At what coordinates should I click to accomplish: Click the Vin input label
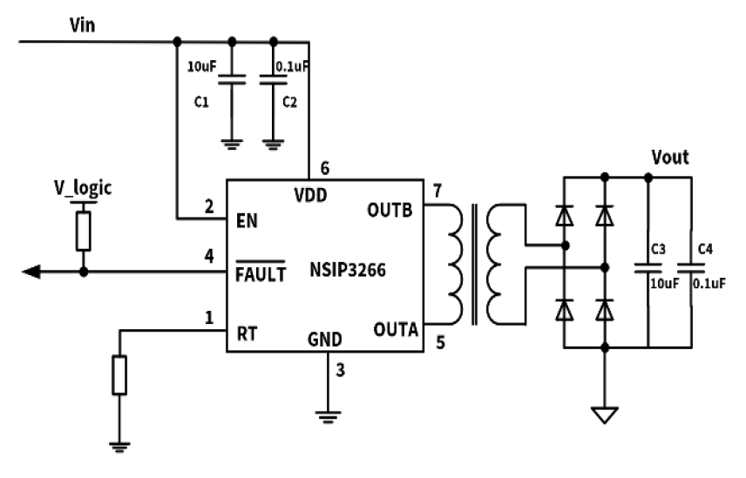(83, 24)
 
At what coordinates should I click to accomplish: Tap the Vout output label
(670, 158)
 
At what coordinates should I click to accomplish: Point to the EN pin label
(247, 219)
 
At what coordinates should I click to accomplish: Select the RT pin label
(248, 332)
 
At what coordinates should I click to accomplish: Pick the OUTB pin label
(395, 210)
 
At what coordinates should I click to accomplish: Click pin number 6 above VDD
(325, 168)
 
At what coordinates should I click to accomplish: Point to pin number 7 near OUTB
(437, 191)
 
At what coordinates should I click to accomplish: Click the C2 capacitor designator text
(290, 102)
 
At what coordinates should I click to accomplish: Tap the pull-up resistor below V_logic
(84, 230)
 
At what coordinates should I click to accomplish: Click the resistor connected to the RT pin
(120, 376)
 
